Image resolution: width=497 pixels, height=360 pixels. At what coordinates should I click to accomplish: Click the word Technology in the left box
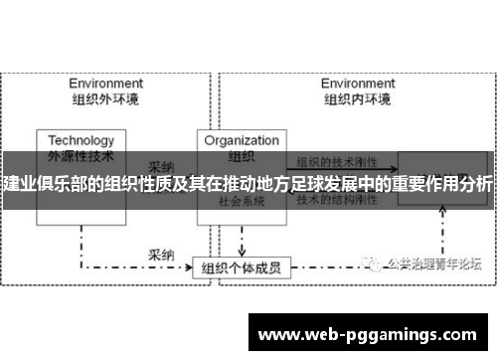(x=82, y=140)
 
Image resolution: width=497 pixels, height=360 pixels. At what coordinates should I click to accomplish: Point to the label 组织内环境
(x=357, y=98)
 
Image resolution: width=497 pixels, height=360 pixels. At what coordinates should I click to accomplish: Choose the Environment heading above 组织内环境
(x=357, y=84)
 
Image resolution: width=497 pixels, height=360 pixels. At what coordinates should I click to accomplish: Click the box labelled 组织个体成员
(x=242, y=240)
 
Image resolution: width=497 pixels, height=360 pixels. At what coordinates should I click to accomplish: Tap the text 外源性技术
(x=82, y=155)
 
